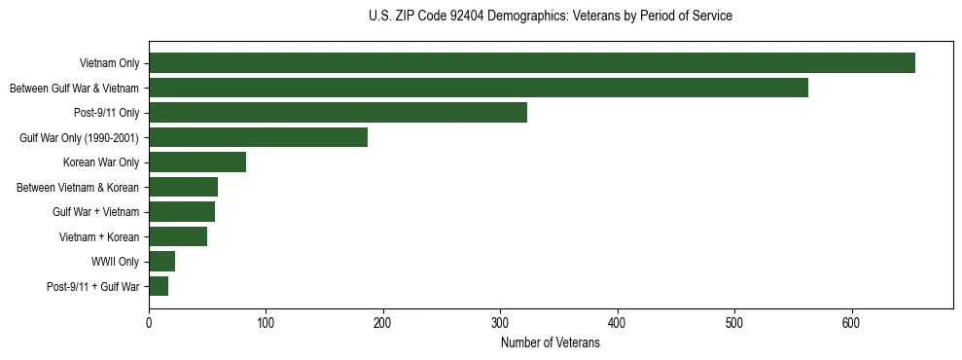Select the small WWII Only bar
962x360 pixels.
tap(161, 261)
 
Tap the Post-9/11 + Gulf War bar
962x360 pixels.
tap(159, 286)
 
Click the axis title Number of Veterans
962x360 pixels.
tap(550, 343)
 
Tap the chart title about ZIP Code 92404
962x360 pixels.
tap(551, 17)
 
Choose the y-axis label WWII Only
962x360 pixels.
tap(115, 262)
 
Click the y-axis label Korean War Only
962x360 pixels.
tap(101, 162)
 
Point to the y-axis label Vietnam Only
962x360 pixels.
tap(109, 64)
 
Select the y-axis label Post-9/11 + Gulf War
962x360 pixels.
tap(93, 287)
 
